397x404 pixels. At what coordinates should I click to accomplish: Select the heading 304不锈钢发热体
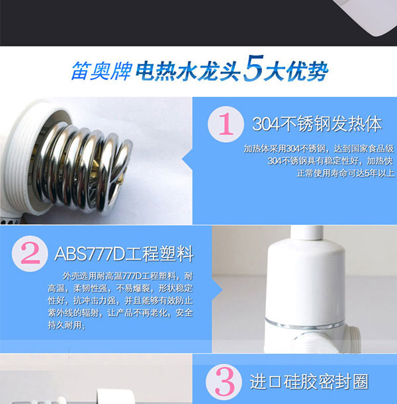pyautogui.click(x=317, y=124)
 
